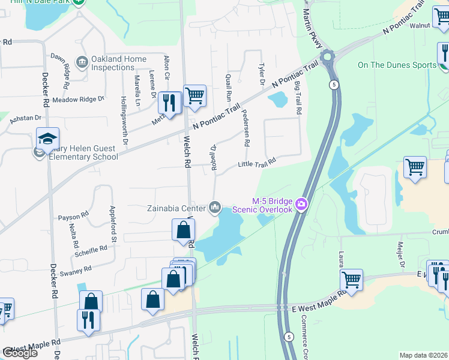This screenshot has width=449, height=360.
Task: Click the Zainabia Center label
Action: coord(176,208)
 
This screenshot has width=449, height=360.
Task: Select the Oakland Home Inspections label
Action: coord(119,63)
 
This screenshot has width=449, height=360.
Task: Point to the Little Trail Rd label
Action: coord(256,163)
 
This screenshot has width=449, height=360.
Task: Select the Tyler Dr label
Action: coord(261,75)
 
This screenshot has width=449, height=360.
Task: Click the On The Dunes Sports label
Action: coord(396,65)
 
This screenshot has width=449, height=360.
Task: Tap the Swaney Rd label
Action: coord(75,269)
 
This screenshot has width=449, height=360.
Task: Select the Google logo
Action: coord(20,353)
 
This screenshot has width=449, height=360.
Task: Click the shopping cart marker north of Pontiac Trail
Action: coord(194,95)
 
